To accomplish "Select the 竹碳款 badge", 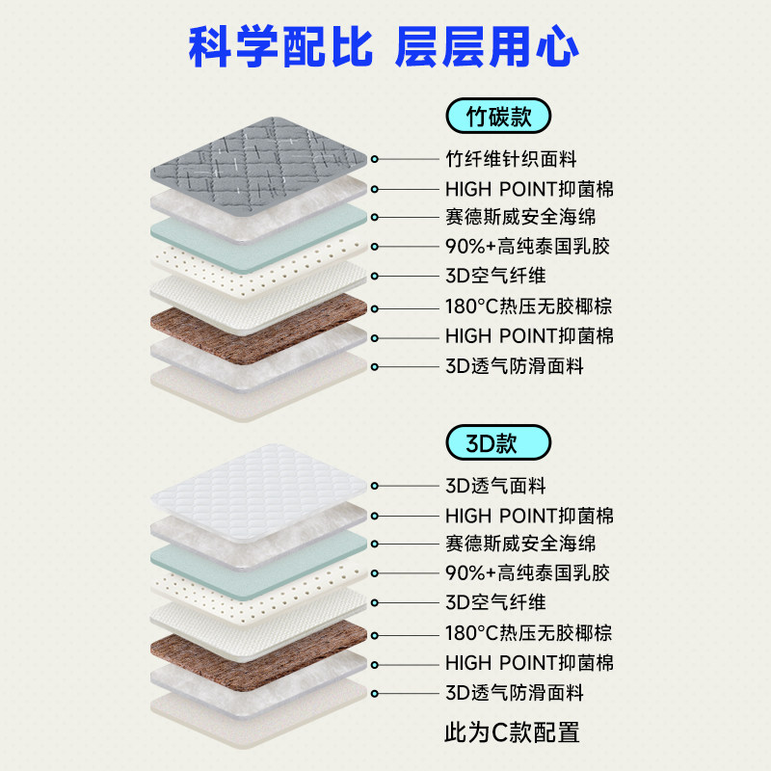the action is tap(497, 117).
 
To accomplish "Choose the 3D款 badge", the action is tap(497, 443).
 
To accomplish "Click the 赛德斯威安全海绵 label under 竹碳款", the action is tap(527, 217).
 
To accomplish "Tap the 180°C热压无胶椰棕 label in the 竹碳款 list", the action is tap(529, 307).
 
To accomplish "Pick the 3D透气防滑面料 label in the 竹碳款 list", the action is tap(514, 366).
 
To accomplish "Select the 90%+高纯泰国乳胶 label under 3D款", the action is tap(527, 573).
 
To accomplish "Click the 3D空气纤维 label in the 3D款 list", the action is tap(495, 603).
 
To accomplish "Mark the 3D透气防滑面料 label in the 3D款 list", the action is tap(514, 693).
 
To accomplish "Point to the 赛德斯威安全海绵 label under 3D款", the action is tap(527, 544).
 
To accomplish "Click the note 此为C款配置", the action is tap(512, 731).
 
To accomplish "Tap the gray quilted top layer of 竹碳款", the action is tap(260, 154).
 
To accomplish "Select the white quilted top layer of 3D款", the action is tap(260, 487).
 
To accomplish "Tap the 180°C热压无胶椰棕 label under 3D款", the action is tap(529, 633).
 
